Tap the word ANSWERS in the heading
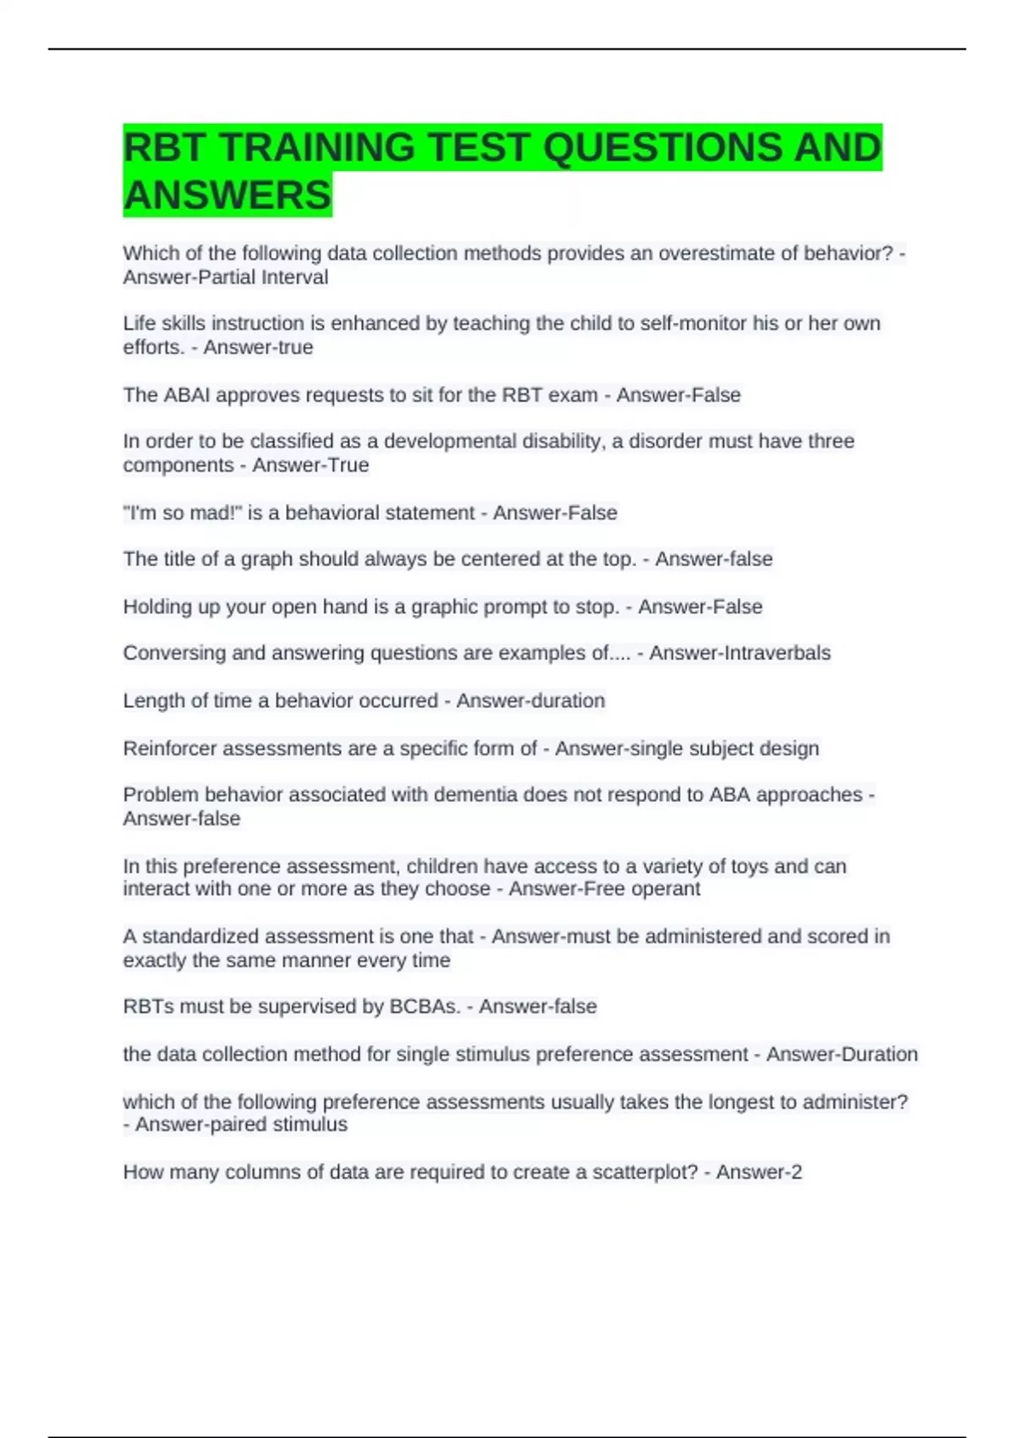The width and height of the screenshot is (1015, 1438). pyautogui.click(x=227, y=195)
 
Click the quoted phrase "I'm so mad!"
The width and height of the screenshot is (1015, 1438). pyautogui.click(x=182, y=513)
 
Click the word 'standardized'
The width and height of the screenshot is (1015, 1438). pyautogui.click(x=200, y=936)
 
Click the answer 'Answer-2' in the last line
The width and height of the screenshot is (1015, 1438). pyautogui.click(x=759, y=1172)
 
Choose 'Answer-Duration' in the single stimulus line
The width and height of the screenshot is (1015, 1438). pyautogui.click(x=842, y=1055)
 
